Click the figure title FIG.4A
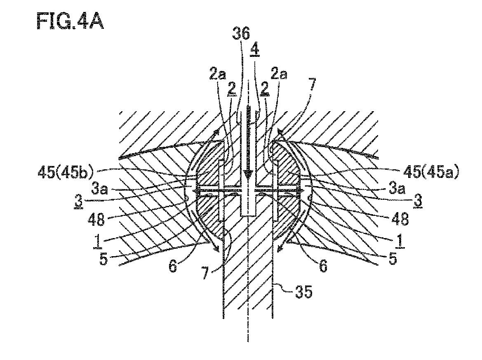(70, 21)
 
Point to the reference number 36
(241, 33)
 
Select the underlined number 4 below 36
(255, 49)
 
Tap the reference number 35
(304, 292)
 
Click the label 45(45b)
(66, 172)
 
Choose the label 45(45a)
(430, 172)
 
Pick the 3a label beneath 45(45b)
(100, 189)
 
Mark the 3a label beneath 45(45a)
(397, 189)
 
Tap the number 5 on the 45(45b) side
(103, 259)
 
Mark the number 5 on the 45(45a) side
(393, 258)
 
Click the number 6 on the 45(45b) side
(173, 266)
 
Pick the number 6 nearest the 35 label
(323, 266)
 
